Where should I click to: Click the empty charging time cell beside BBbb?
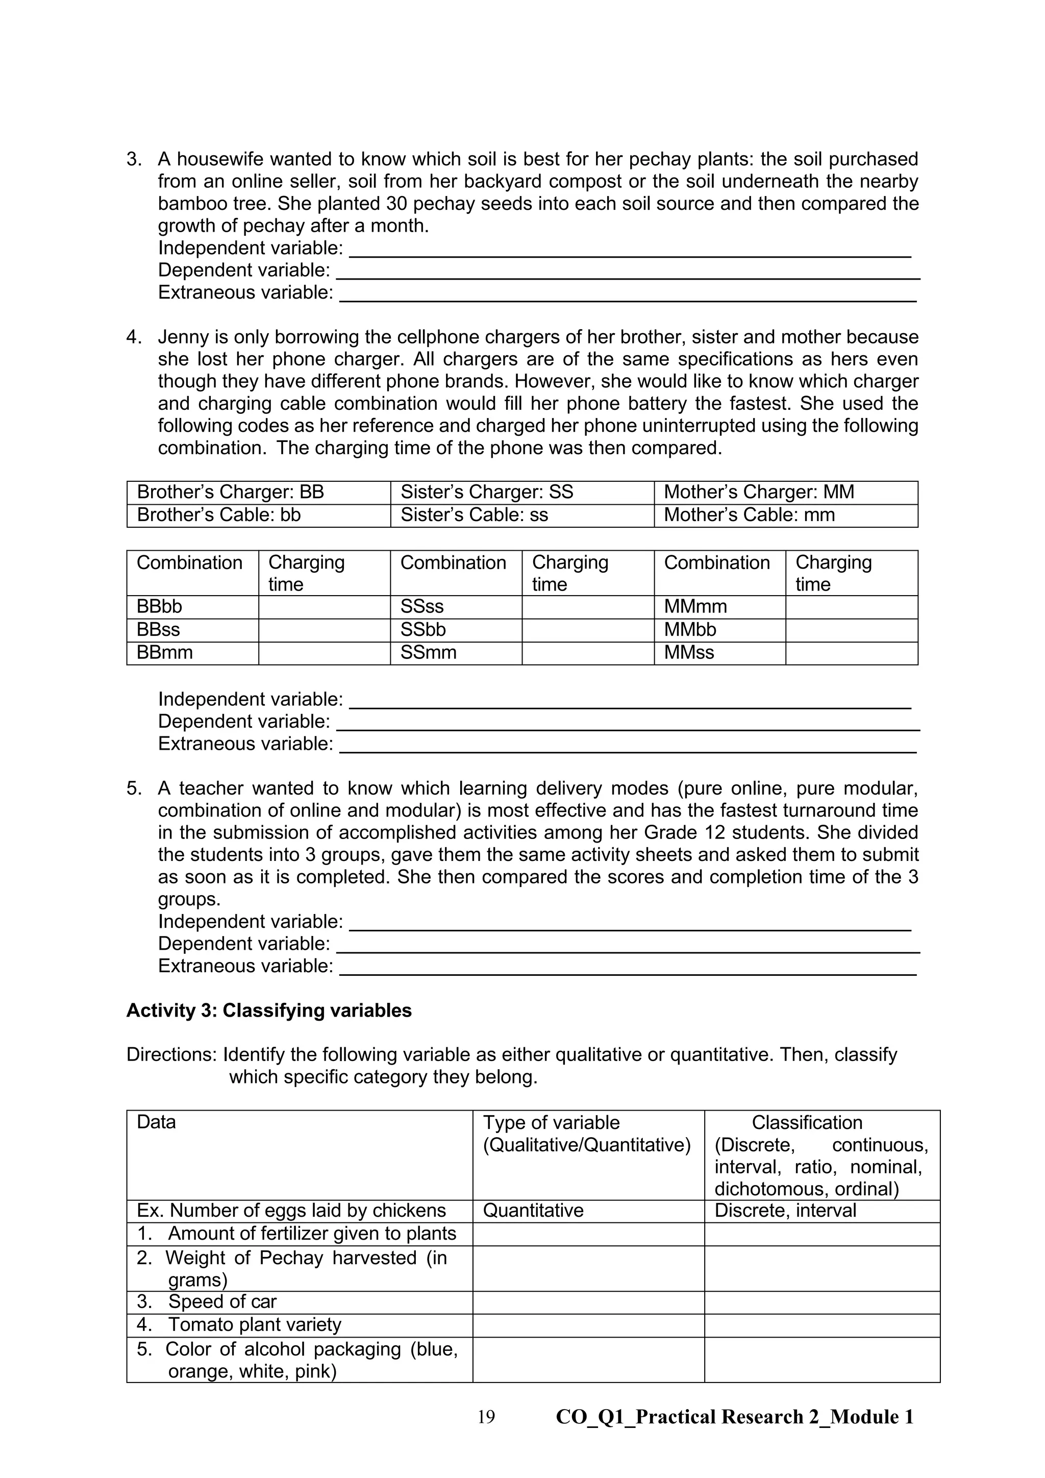click(x=325, y=607)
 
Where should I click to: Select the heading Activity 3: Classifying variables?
click(x=269, y=1011)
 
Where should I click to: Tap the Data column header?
click(x=156, y=1122)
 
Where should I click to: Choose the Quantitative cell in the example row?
click(x=533, y=1210)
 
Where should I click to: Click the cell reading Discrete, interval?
click(x=785, y=1210)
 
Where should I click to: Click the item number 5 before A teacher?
click(x=133, y=789)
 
